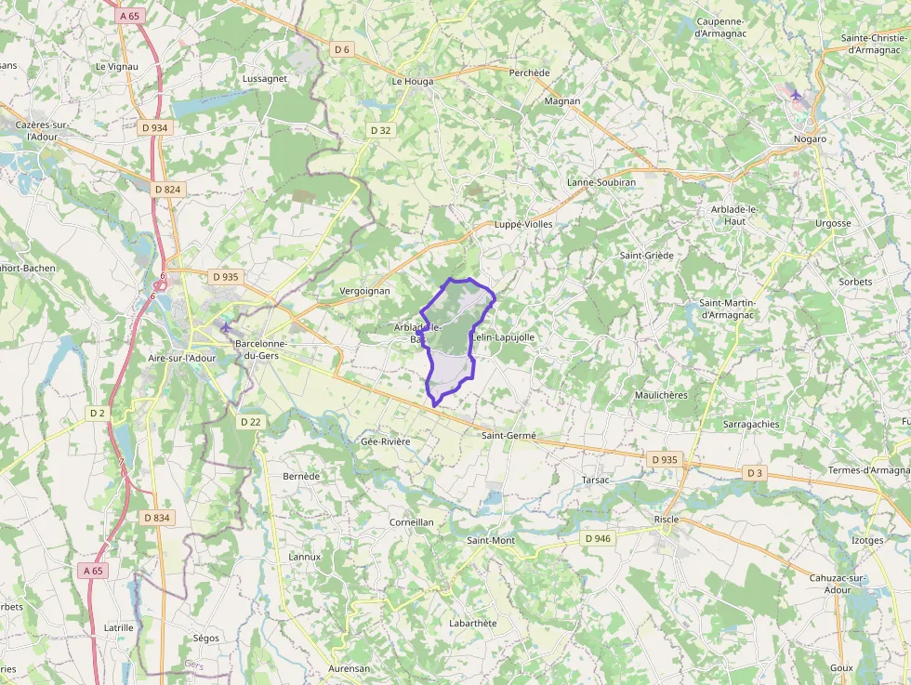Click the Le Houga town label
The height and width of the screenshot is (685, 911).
coord(413,81)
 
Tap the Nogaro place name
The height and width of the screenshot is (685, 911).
coord(810,138)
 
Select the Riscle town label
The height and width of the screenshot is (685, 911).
coord(667,519)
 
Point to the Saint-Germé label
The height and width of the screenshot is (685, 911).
coord(508,435)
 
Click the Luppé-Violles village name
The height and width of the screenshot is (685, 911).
coord(523,224)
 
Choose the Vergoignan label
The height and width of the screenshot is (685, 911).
coord(365,291)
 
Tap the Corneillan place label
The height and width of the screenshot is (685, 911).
coord(412,522)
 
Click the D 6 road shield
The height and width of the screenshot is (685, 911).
coord(342,49)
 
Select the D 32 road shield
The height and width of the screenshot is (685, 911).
coord(380,130)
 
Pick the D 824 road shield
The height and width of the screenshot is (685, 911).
coord(167,189)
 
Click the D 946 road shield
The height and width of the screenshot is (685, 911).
coord(598,538)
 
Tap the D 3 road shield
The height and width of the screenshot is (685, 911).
coord(754,473)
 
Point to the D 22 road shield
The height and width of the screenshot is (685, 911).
coord(251,421)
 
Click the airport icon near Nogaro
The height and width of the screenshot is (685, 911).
coord(795,95)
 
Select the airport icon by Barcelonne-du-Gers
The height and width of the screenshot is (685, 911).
coord(225,326)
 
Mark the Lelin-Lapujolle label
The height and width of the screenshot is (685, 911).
coord(504,337)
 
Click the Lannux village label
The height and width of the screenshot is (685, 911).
coord(305,557)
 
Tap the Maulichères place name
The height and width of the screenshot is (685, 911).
coord(661,395)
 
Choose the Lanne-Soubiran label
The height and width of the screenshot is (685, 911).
coord(601,182)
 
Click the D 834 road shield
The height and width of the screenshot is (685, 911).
coord(157,517)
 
